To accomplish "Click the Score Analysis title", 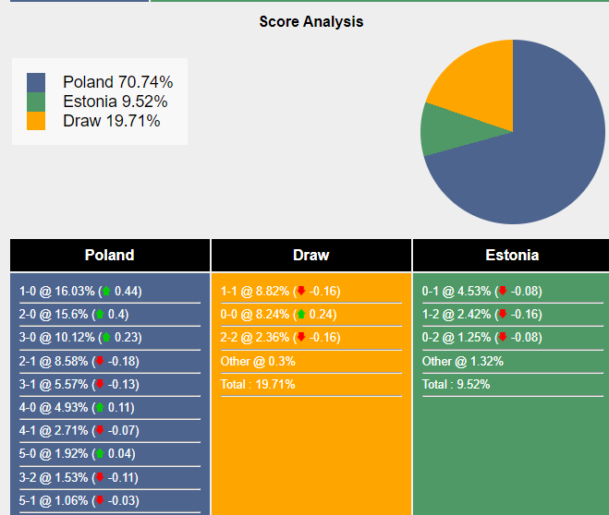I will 311,21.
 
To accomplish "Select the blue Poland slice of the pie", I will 536,157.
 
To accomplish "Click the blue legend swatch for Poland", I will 36,82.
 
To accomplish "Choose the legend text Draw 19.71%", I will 111,121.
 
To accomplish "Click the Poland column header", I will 109,256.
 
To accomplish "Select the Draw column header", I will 311,256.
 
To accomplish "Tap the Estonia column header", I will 511,256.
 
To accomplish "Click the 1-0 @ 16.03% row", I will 80,292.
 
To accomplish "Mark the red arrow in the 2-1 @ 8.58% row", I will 100,361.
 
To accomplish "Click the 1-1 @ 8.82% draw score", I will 280,292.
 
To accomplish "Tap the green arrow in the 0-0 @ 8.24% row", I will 300,315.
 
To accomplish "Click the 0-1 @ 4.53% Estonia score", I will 481,292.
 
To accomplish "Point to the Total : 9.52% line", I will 456,384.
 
